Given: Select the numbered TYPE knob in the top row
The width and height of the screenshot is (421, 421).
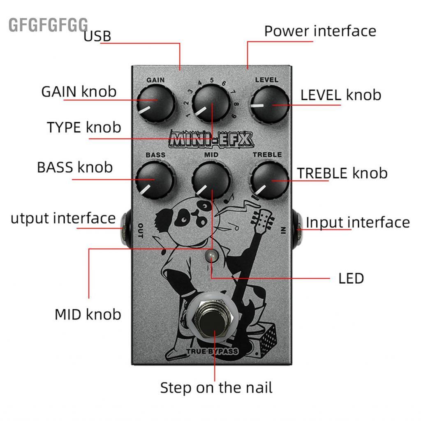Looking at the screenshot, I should point(210,104).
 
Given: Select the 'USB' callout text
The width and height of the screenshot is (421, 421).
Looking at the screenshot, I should point(97,36).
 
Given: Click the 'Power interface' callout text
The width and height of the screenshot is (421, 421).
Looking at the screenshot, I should point(320,31).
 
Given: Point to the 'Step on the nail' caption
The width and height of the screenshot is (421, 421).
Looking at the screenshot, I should point(216,387).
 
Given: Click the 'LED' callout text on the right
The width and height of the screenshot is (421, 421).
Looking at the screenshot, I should point(351,279).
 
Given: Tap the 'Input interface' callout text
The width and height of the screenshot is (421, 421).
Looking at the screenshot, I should point(358,222).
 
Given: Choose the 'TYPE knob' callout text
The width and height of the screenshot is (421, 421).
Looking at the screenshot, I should point(84,127).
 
